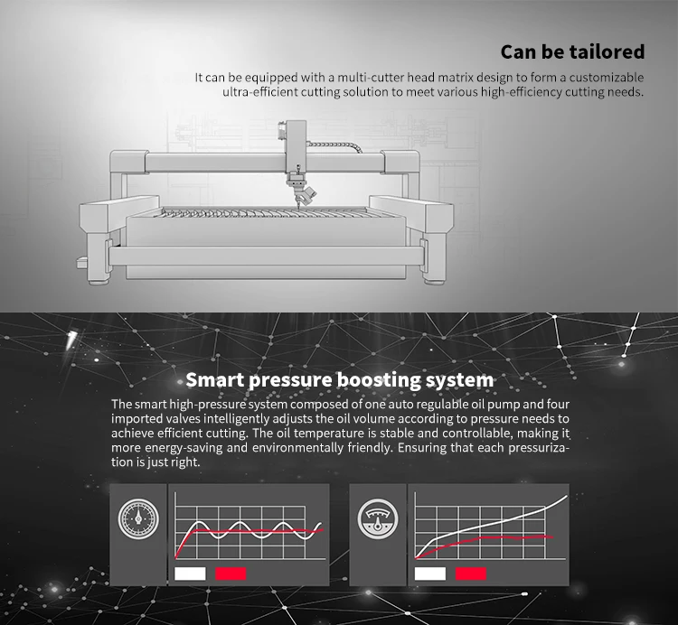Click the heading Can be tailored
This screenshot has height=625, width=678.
[x=572, y=51]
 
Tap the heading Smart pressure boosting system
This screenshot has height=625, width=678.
[x=339, y=379]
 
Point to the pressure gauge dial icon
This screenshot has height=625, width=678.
[x=138, y=519]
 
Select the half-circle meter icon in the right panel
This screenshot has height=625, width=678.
[x=378, y=518]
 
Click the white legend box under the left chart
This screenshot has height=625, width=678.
[x=190, y=573]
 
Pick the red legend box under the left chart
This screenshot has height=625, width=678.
[x=231, y=573]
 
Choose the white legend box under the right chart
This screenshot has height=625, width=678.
[x=429, y=573]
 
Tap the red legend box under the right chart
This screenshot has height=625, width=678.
[x=470, y=573]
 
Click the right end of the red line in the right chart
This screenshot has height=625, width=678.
[x=552, y=536]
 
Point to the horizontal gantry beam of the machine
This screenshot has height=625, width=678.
[x=226, y=163]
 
